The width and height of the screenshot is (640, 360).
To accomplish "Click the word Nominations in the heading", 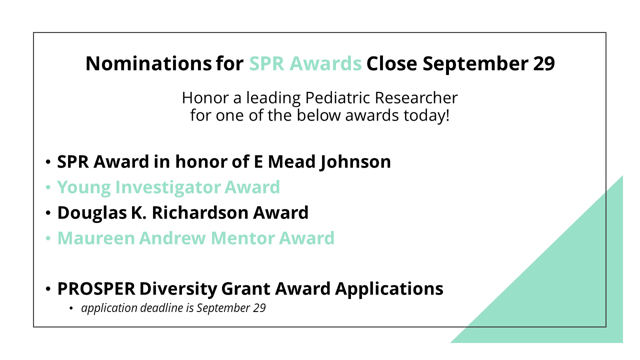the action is [x=148, y=63].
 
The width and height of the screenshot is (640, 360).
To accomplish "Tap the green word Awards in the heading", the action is [x=325, y=63].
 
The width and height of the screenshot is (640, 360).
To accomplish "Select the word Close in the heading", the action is [x=391, y=63].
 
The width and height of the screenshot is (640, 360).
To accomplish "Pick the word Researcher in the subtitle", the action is [x=416, y=97].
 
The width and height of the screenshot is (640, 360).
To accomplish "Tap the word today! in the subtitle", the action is [x=426, y=115].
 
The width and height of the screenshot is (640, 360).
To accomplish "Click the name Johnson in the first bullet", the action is [x=355, y=161].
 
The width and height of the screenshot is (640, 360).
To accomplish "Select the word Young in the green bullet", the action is [x=84, y=187].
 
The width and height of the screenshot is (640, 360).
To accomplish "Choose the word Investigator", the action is [x=168, y=187].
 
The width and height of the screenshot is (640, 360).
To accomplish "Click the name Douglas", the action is [x=92, y=213].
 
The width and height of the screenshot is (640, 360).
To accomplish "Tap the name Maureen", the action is [x=96, y=238].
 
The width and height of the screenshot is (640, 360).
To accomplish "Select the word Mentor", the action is [x=242, y=238].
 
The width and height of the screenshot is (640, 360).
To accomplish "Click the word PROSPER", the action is [x=96, y=288].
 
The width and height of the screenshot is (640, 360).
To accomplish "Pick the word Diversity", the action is [x=178, y=288].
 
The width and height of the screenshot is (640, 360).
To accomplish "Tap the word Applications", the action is [x=389, y=288].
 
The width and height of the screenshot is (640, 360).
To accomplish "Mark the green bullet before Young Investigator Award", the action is [x=48, y=187].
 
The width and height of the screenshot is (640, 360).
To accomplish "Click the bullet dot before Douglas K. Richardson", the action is [x=48, y=213].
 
